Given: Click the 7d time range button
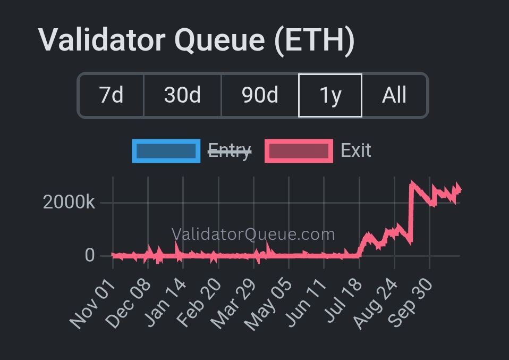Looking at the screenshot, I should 111,95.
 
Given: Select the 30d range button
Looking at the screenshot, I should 182,95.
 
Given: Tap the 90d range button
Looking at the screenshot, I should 260,95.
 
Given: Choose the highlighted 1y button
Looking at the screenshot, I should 330,95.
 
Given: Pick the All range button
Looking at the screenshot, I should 394,95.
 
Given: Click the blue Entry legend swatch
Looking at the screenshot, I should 166,151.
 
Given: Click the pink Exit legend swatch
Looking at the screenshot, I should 299,151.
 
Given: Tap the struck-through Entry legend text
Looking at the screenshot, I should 229,151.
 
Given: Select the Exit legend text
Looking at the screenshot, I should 355,150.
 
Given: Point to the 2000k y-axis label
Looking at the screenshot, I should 69,202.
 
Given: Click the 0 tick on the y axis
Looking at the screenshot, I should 89,255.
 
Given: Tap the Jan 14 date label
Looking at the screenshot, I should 166,302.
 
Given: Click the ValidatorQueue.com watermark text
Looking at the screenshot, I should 253,234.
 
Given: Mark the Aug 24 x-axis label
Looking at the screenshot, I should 375,302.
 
